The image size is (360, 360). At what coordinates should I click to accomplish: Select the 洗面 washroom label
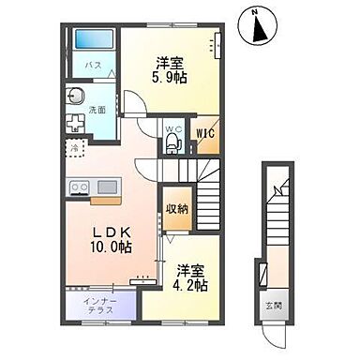click(97, 110)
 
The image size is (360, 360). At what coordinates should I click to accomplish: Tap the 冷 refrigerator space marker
click(73, 147)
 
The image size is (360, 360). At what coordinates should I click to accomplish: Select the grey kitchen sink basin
click(105, 187)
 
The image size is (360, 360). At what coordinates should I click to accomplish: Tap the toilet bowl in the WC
click(171, 143)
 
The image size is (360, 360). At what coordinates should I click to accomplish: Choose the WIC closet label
click(204, 133)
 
